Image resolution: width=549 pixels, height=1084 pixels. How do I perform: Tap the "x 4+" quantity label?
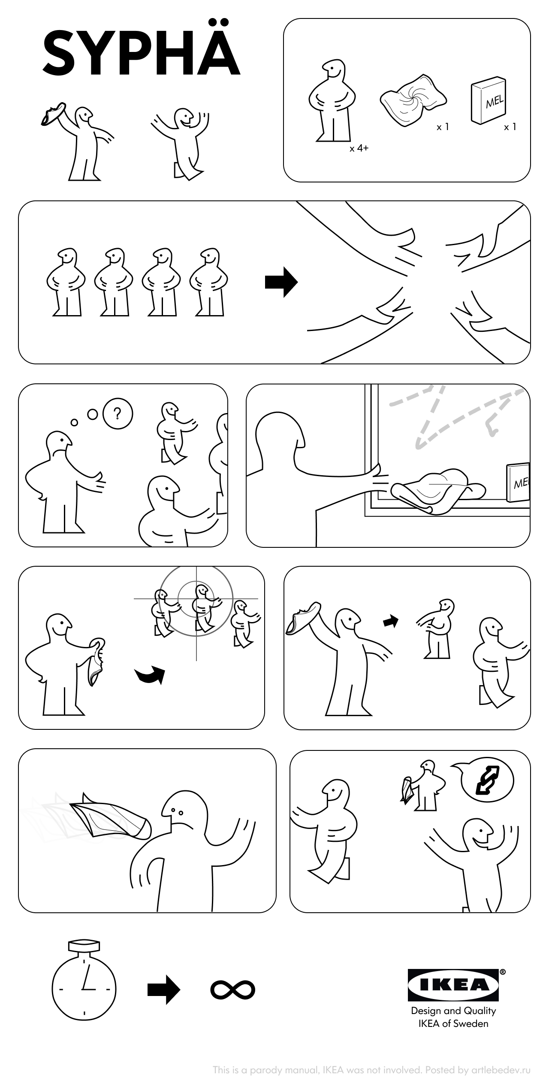(359, 149)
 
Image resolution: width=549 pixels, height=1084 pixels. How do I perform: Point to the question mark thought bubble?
(118, 414)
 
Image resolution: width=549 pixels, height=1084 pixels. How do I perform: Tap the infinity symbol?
(233, 990)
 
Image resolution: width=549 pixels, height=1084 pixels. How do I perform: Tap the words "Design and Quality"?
(453, 1011)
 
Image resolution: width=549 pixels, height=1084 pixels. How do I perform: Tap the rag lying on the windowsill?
(438, 491)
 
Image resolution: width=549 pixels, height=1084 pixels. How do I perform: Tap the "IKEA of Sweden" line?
(453, 1024)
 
